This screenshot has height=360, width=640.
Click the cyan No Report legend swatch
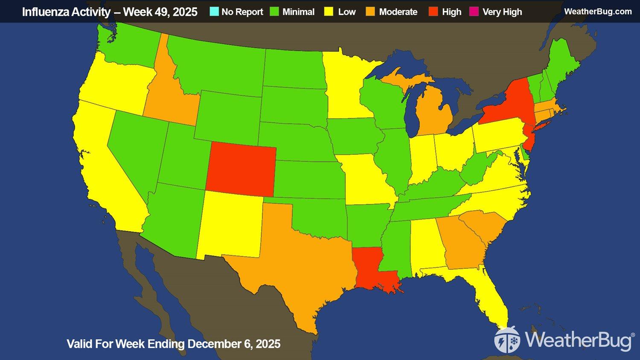(x=214, y=12)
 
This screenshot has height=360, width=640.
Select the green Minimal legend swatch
(x=275, y=12)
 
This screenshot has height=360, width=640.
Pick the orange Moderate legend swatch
(x=370, y=12)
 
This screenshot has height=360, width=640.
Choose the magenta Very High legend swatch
(x=474, y=12)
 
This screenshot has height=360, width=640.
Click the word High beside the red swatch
(x=451, y=12)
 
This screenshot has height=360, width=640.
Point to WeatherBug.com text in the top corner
(x=597, y=12)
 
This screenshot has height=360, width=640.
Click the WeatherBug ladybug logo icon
(x=507, y=340)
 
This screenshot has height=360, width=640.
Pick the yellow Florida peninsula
(x=491, y=294)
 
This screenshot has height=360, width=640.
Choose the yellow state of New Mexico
(x=230, y=224)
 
